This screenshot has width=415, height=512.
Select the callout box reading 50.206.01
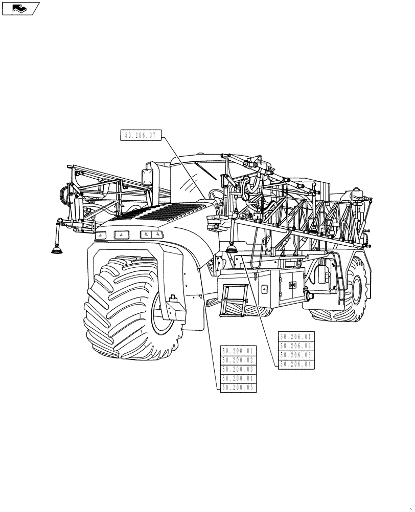296,337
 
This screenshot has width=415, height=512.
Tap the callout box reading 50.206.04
296,364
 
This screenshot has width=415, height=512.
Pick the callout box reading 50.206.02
296,346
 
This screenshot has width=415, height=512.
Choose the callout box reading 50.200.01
238,351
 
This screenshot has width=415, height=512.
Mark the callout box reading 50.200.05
238,388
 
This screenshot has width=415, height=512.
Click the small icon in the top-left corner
20,8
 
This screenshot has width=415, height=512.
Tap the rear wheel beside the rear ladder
353,292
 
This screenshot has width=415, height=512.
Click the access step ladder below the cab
234,300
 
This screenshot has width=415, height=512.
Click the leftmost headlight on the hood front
101,235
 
